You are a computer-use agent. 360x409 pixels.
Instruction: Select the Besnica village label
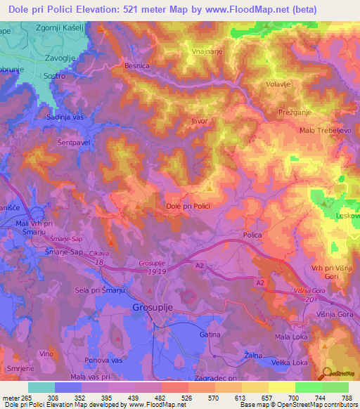(137, 65)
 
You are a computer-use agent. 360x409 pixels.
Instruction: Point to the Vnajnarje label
(207, 52)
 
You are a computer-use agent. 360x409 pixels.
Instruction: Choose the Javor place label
(200, 121)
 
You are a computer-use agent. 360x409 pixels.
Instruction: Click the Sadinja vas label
(64, 118)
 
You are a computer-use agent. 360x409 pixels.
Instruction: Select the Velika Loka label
(291, 363)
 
